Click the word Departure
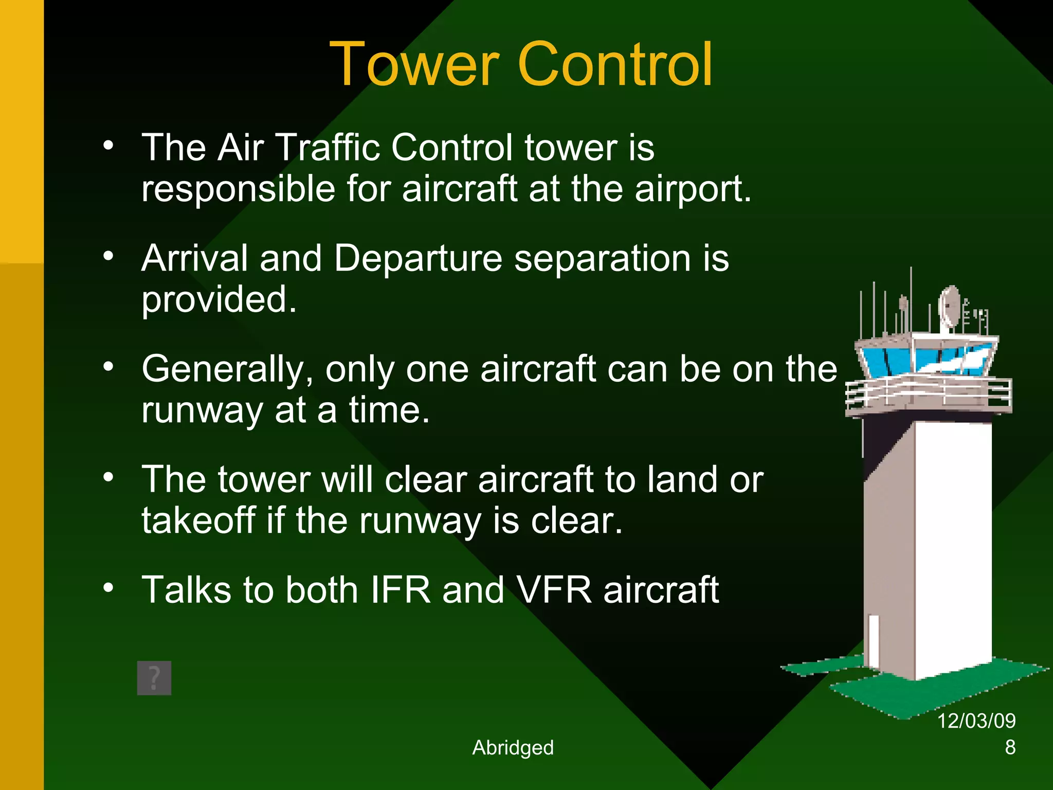click(418, 258)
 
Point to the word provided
click(219, 299)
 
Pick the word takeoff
click(198, 520)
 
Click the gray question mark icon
click(154, 678)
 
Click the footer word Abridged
click(513, 747)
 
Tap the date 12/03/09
click(976, 721)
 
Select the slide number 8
click(1010, 747)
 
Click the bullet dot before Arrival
click(108, 256)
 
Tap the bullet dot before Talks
click(108, 587)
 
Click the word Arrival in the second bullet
click(195, 258)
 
